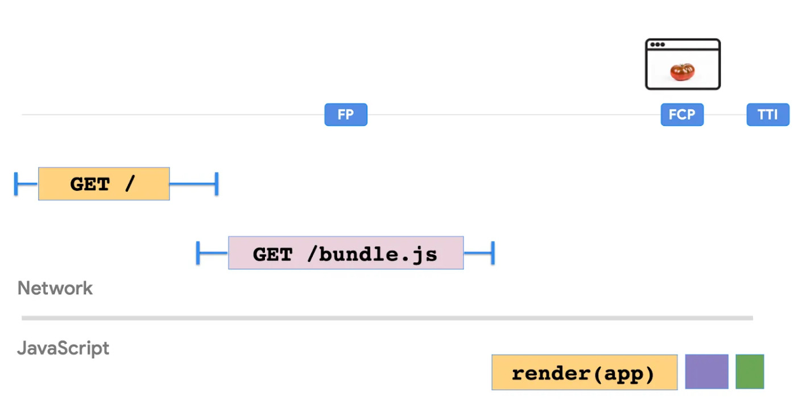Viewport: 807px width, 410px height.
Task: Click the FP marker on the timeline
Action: tap(346, 114)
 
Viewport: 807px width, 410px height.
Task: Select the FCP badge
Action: tap(682, 114)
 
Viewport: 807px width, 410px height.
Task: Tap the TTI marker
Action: tap(768, 114)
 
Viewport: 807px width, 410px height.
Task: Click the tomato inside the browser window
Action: tap(682, 72)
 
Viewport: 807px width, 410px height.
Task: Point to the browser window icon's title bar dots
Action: tap(657, 45)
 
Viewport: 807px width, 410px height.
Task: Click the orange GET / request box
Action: tap(104, 184)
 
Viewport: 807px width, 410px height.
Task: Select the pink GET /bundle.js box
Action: tap(346, 253)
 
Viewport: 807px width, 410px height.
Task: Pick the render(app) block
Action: tap(584, 372)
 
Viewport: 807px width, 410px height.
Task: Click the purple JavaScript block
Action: tap(706, 372)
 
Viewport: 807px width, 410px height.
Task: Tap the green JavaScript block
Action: tap(750, 372)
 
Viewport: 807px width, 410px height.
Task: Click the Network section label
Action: tap(55, 288)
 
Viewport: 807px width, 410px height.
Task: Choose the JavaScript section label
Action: tap(63, 348)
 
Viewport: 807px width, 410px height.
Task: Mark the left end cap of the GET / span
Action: tap(16, 184)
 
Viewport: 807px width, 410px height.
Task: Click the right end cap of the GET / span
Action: tap(216, 184)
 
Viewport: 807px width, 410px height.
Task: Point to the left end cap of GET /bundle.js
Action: tap(198, 253)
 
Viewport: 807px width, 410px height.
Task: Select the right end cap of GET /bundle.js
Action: tap(493, 253)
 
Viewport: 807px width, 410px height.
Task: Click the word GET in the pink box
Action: tap(272, 254)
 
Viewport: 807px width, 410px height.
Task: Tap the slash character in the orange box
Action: tap(130, 184)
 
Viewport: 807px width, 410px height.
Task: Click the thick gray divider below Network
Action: tap(387, 318)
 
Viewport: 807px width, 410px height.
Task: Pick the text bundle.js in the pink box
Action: tap(378, 254)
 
